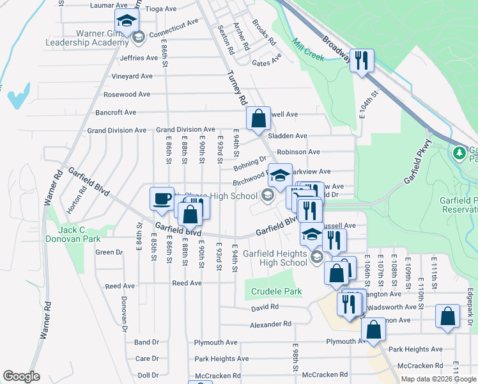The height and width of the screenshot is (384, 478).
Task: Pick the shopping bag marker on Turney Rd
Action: [x=258, y=118]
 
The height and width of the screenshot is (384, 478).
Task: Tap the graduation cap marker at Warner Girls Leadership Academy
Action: [x=127, y=20]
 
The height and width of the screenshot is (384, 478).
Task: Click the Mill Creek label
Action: [x=308, y=51]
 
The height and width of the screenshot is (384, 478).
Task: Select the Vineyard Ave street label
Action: [x=132, y=76]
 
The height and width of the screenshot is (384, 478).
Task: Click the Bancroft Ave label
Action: [x=116, y=112]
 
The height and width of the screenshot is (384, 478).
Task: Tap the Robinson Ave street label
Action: [x=298, y=152]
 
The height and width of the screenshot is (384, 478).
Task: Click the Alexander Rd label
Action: [x=270, y=324]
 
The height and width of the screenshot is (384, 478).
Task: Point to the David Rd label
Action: [x=265, y=307]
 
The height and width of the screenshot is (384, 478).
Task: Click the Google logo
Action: [x=21, y=376]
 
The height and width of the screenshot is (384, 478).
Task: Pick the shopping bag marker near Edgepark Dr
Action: [x=447, y=316]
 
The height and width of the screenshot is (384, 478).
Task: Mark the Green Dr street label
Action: [x=104, y=252]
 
